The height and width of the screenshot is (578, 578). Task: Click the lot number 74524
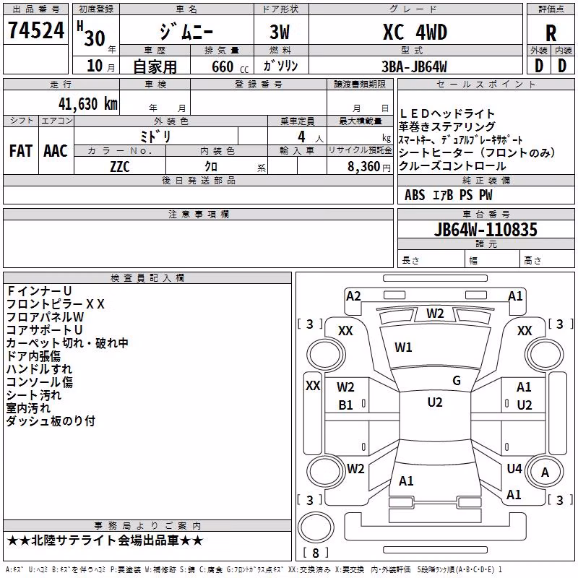point(36,30)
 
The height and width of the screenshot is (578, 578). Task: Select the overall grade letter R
point(551,33)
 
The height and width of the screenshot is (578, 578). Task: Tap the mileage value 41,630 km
point(88,104)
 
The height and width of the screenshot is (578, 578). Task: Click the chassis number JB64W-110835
point(486,230)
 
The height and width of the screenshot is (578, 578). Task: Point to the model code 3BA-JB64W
point(414,66)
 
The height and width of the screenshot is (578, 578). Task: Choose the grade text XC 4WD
point(415,32)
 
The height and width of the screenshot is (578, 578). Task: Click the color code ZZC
point(120,167)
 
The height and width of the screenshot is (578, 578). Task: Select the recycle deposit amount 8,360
point(363,167)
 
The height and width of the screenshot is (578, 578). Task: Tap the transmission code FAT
point(21,151)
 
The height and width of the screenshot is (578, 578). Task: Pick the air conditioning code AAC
point(56,151)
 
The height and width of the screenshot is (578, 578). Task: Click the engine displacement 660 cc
point(230,67)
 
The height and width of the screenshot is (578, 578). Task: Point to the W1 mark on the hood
point(403,348)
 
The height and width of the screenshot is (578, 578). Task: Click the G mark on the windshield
point(457,381)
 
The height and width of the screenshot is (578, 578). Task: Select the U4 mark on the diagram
point(514,469)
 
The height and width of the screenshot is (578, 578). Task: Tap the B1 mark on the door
point(345,405)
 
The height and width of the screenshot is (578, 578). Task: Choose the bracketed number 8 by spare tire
point(316,553)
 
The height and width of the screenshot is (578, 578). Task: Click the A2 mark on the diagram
point(353,296)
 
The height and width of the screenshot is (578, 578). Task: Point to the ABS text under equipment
point(415,195)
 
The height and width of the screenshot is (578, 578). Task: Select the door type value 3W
point(280,32)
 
